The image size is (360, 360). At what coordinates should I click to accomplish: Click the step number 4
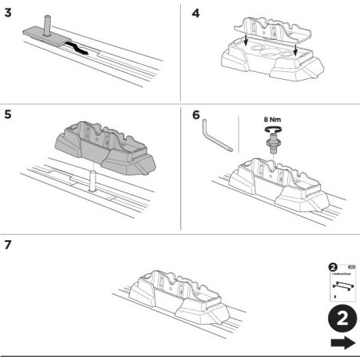point(196,13)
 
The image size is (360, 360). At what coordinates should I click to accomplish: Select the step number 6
point(196,115)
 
